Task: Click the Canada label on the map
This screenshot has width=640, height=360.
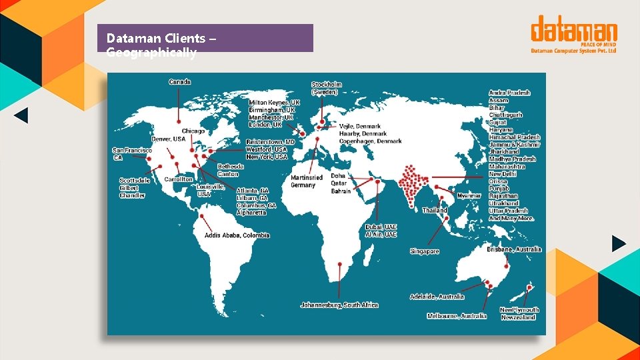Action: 179,82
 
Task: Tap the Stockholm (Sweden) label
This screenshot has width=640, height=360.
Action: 327,88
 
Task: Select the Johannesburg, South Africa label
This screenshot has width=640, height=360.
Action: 339,305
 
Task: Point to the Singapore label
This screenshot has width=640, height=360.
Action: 425,251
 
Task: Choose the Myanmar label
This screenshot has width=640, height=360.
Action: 469,195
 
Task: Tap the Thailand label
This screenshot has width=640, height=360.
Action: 435,210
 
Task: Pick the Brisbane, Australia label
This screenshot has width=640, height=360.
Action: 514,249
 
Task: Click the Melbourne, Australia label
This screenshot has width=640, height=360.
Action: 457,316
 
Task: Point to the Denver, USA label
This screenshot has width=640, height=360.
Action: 169,139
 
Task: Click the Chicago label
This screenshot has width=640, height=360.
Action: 193,131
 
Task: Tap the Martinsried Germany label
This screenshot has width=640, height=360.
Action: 307,181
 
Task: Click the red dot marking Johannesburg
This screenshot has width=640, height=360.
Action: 340,264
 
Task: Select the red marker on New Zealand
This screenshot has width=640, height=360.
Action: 530,287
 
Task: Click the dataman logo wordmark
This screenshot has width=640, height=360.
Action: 574,31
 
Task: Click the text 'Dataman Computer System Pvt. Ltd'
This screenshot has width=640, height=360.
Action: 573,51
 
